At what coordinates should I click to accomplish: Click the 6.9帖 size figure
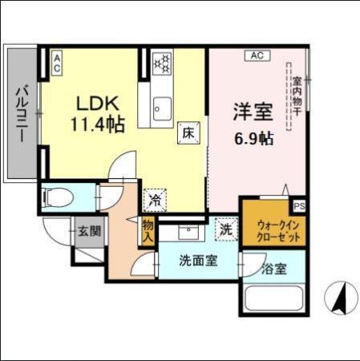pos(253,137)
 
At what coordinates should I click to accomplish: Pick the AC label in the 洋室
pos(257,55)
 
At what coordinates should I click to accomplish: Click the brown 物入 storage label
pos(148,231)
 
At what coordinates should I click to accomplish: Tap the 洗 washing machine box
pos(226,229)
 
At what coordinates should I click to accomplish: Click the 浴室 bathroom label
pos(274,270)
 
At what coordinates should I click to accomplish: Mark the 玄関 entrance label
pos(89,233)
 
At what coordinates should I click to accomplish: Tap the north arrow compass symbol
pos(339,298)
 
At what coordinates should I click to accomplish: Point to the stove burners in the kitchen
pos(163,62)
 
